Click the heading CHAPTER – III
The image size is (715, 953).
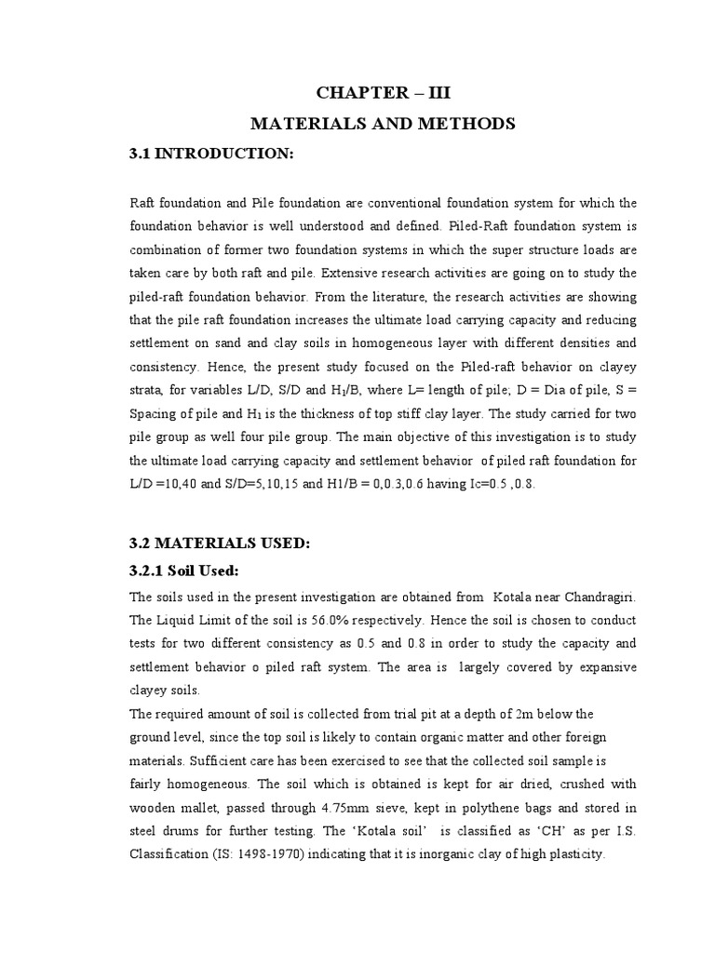[389, 92]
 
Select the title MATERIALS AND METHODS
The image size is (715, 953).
[389, 123]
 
